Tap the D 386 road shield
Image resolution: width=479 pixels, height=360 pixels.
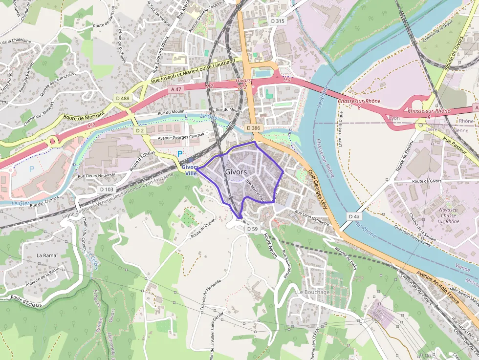(x=254, y=127)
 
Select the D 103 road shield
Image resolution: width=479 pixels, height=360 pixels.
(x=107, y=189)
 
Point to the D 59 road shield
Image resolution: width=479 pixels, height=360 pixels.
(x=252, y=229)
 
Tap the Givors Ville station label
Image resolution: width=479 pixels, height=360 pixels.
(x=190, y=170)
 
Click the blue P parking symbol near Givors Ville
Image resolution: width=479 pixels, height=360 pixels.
(x=179, y=153)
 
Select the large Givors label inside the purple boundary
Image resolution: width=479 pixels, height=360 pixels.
(x=236, y=172)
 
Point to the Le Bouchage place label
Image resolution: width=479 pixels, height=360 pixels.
(x=313, y=292)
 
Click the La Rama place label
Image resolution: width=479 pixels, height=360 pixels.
(x=47, y=255)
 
